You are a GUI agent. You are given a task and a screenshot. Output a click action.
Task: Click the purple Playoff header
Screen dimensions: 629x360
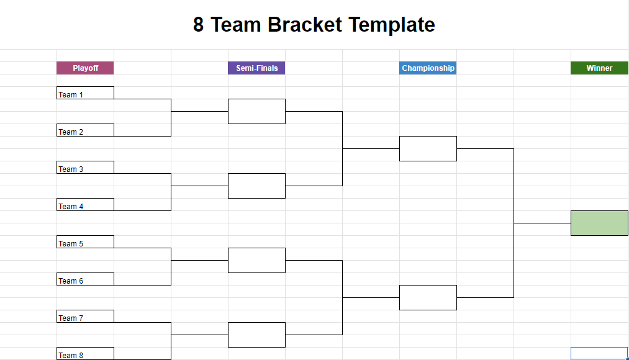85,68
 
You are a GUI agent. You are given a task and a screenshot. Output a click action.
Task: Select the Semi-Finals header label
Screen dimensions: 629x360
256,68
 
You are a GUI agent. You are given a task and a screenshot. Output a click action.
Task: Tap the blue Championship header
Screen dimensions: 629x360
428,68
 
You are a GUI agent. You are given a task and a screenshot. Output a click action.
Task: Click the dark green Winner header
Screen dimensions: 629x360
599,68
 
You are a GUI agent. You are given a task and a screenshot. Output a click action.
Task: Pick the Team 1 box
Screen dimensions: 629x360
85,92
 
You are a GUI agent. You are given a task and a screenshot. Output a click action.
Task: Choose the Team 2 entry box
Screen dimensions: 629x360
85,130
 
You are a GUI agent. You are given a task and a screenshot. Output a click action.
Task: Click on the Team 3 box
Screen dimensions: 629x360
85,167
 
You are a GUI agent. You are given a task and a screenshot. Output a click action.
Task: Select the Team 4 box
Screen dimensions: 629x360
85,204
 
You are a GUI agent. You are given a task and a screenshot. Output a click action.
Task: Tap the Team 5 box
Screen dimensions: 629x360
85,241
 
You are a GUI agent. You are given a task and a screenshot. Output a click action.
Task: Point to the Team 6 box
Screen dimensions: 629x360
85,279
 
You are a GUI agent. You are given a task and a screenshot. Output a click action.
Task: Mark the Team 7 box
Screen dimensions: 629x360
85,317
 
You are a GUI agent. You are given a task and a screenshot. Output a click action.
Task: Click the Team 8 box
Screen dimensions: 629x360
85,354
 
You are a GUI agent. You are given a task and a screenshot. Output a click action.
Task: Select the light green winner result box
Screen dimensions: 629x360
599,223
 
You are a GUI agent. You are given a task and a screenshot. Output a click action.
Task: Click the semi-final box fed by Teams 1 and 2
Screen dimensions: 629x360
256,112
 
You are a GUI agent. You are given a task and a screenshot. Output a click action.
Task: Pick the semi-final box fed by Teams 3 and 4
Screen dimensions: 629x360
256,186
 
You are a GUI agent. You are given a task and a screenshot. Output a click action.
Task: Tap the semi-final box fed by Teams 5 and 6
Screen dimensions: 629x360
256,261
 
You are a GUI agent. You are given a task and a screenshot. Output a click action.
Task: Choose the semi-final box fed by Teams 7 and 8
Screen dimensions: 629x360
256,335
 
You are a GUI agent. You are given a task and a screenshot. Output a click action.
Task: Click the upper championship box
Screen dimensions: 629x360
428,149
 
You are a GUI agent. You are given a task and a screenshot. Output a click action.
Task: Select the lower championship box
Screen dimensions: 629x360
428,297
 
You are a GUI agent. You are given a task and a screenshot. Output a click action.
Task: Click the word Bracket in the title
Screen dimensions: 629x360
305,24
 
